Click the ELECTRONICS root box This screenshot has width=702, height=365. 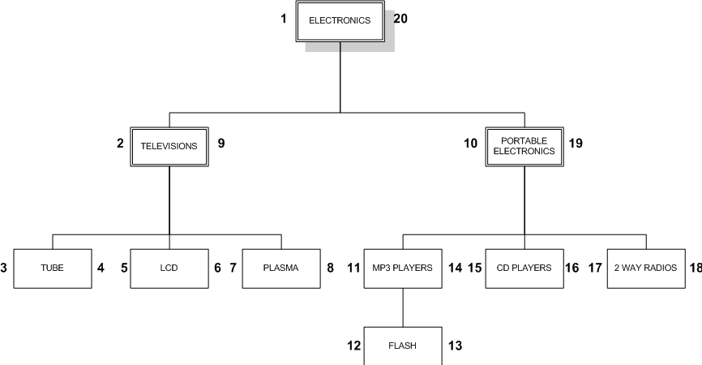pyautogui.click(x=340, y=21)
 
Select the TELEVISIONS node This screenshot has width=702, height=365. pyautogui.click(x=169, y=147)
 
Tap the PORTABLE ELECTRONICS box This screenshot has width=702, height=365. pyautogui.click(x=524, y=146)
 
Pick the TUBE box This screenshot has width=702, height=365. pyautogui.click(x=53, y=267)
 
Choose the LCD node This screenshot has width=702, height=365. pyautogui.click(x=169, y=267)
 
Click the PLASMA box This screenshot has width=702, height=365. pyautogui.click(x=281, y=267)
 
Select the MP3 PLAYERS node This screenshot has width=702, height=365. pyautogui.click(x=403, y=267)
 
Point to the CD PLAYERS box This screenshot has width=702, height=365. pyautogui.click(x=524, y=267)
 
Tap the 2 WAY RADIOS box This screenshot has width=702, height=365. pyautogui.click(x=645, y=267)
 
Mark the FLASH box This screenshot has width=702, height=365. pyautogui.click(x=403, y=346)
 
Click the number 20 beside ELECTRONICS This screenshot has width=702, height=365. pyautogui.click(x=400, y=18)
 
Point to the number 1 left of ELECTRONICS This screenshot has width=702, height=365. pyautogui.click(x=284, y=18)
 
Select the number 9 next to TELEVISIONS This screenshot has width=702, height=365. pyautogui.click(x=220, y=144)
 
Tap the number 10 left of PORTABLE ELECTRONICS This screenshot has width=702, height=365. pyautogui.click(x=470, y=144)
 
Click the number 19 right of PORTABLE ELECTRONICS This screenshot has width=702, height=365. pyautogui.click(x=575, y=144)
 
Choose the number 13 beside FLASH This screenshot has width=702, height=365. pyautogui.click(x=455, y=346)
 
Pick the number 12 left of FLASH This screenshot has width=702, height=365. pyautogui.click(x=353, y=346)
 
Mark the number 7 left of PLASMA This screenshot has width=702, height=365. pyautogui.click(x=233, y=266)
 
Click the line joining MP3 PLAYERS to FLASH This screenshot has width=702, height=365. pyautogui.click(x=403, y=307)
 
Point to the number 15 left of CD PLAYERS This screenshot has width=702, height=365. pyautogui.click(x=474, y=266)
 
